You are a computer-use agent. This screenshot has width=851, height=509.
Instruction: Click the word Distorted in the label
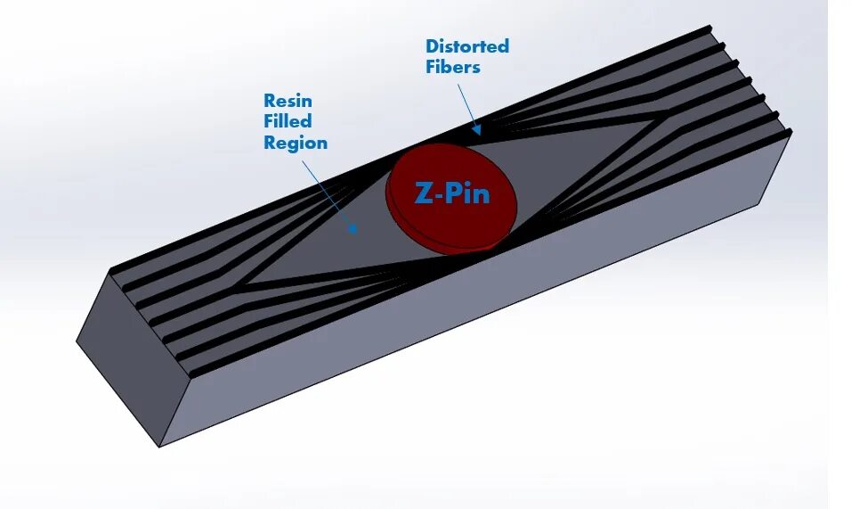tap(466, 46)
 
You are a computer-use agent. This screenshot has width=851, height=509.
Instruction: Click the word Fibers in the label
tap(452, 67)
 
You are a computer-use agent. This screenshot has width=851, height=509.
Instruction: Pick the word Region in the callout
tap(296, 143)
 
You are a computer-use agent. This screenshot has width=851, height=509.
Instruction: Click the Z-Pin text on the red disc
tap(451, 193)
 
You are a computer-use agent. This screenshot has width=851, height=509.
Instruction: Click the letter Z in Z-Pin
tap(425, 193)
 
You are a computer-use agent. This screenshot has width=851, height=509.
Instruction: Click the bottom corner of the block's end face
tap(159, 446)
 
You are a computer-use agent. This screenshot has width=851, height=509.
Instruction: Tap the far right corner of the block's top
tap(790, 131)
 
